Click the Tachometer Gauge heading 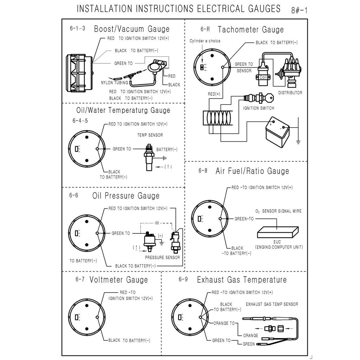click(251, 29)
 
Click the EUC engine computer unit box click(278, 232)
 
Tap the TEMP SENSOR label click(150, 135)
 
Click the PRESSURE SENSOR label click(162, 257)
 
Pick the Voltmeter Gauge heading click(118, 280)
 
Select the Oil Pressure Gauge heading click(126, 196)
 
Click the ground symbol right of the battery click(298, 142)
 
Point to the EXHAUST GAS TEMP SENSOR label click(272, 304)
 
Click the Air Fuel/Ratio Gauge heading click(252, 171)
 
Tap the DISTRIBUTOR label click(290, 93)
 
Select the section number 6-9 click(183, 280)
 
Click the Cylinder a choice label click(205, 41)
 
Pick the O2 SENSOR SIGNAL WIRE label click(278, 211)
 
